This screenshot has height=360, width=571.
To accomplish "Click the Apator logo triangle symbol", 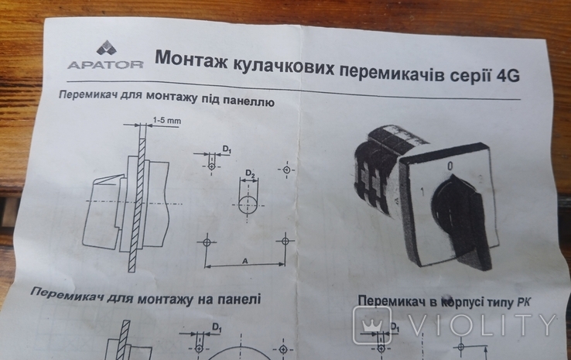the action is point(105,48).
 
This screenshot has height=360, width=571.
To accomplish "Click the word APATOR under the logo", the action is point(105,65).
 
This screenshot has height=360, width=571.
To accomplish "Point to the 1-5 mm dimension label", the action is point(166,120).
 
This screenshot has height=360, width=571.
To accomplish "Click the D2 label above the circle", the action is point(250,173).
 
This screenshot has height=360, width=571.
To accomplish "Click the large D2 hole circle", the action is point(248,205).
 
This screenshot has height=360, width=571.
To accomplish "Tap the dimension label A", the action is point(244,261).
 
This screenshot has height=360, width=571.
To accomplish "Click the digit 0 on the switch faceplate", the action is point(450,166).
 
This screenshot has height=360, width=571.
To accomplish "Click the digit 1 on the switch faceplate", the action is point(422,192).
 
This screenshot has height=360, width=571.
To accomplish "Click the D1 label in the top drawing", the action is point(227,149).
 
